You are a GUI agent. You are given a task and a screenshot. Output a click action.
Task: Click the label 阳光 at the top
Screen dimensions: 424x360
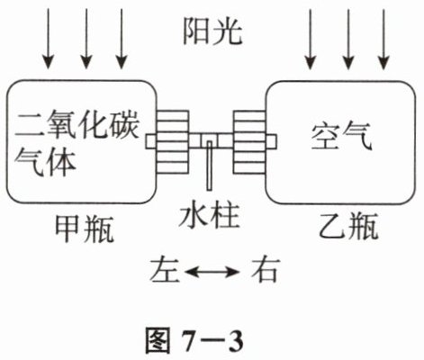point(212,31)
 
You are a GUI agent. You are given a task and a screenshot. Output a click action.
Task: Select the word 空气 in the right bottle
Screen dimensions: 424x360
point(341,137)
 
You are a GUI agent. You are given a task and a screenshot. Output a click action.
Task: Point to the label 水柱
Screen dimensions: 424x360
point(209,215)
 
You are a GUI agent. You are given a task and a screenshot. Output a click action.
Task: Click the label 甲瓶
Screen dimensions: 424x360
point(85,229)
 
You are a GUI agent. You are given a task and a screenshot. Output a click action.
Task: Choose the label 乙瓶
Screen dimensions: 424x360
point(347,226)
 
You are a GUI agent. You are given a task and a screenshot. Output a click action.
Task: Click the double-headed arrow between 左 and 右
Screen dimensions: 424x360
point(212,272)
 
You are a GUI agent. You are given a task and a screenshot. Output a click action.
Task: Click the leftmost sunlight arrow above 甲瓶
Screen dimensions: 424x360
point(49,39)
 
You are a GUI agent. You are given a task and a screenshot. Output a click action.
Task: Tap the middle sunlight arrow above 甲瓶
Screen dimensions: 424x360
point(86,39)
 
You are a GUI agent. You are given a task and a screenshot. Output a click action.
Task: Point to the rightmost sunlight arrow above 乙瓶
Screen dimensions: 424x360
point(383,40)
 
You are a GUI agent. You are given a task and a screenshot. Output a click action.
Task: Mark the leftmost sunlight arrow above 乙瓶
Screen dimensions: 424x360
point(311,40)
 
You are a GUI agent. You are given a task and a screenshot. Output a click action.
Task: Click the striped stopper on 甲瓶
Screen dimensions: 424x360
point(173,142)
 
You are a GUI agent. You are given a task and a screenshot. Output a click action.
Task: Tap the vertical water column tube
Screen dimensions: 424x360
point(210,166)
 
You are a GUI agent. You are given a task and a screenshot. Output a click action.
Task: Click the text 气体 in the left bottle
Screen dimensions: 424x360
point(44,162)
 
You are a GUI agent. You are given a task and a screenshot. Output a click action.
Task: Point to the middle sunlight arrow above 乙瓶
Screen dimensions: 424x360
point(348,40)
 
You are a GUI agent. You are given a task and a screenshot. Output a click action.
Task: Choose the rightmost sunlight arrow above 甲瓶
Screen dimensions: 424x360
point(122,39)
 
